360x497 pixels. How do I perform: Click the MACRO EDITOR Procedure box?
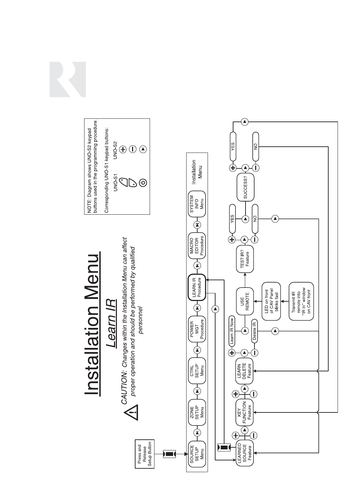pyautogui.click(x=197, y=245)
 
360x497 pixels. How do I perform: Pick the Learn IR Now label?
pyautogui.click(x=232, y=330)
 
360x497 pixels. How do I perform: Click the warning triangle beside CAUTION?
pyautogui.click(x=132, y=413)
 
